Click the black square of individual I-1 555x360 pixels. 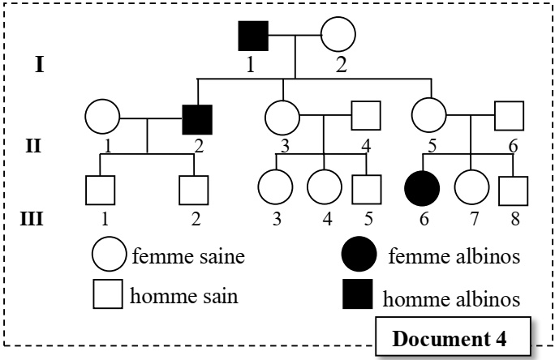253,36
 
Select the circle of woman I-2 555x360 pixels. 338,36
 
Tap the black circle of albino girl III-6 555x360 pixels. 422,189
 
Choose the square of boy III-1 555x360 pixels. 100,190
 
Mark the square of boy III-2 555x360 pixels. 195,190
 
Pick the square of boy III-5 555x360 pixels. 366,189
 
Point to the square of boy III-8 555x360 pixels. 512,189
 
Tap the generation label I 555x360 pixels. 38,65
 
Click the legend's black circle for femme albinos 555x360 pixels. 359,256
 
